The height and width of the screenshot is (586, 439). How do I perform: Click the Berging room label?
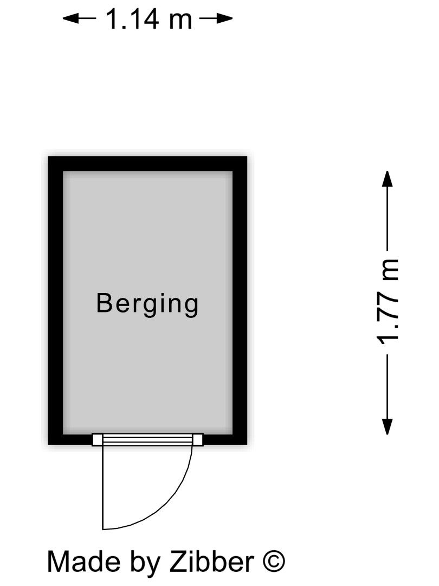coord(147,304)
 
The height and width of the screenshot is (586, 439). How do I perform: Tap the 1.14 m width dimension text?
coord(149,18)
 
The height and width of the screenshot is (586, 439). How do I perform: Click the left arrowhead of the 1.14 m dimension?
coord(71,18)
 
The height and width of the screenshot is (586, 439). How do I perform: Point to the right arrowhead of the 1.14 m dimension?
coord(224,18)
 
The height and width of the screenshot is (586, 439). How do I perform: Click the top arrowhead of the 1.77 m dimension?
coord(388,179)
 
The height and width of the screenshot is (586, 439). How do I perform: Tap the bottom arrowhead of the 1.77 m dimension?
coord(388,427)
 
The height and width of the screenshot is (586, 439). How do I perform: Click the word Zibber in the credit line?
coord(212,562)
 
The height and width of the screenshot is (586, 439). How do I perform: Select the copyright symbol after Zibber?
coord(274,562)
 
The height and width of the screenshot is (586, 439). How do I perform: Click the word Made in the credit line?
coord(83,562)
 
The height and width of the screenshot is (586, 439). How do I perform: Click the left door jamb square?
coord(97,439)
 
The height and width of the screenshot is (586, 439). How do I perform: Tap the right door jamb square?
coord(198,439)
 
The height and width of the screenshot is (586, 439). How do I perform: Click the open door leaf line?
coord(102,487)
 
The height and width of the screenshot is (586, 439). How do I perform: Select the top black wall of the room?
coord(147,164)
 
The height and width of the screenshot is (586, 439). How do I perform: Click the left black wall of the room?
coord(55,301)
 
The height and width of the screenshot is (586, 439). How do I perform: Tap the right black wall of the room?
coord(240,301)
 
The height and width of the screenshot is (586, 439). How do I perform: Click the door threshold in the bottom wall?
coord(147,439)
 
